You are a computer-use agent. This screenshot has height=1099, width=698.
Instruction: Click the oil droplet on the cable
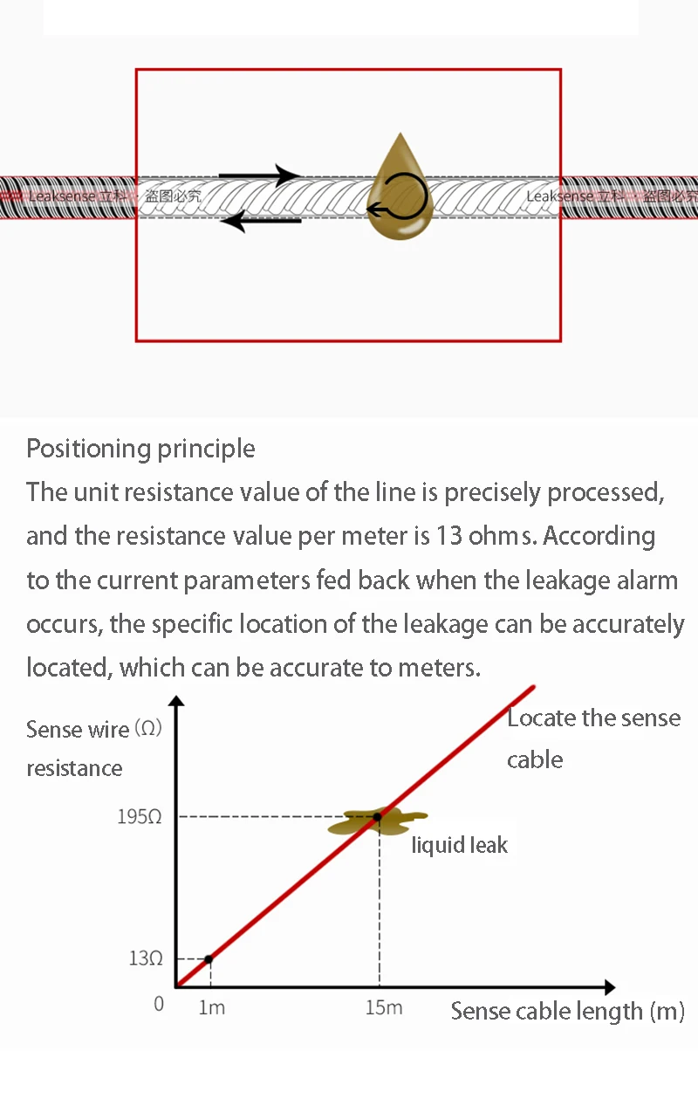[400, 196]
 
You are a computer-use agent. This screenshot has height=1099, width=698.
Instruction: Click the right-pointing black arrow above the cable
[259, 175]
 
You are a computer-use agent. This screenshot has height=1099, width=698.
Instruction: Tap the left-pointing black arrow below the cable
[261, 221]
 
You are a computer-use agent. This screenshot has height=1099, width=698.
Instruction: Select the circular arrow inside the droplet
[400, 198]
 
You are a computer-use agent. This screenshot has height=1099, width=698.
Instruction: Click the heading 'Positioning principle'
[140, 449]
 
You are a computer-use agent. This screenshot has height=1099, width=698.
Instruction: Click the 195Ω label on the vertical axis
[140, 817]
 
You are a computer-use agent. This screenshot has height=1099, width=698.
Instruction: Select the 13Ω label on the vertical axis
[146, 958]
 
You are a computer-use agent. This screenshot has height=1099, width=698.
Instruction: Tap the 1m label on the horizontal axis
[211, 1007]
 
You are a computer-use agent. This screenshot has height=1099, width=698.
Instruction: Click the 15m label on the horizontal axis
[383, 1007]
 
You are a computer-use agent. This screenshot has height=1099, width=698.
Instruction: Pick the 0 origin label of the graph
[159, 1004]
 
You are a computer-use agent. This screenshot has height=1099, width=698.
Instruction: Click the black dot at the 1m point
[208, 959]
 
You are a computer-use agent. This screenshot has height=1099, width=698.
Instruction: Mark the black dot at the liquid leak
[377, 817]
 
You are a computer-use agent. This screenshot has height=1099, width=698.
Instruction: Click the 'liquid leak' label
[459, 845]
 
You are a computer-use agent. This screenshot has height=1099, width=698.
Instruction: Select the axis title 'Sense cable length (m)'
[567, 1012]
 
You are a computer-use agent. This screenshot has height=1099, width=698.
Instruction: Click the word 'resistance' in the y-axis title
[74, 768]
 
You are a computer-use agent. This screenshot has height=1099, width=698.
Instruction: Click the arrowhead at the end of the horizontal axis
[610, 987]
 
